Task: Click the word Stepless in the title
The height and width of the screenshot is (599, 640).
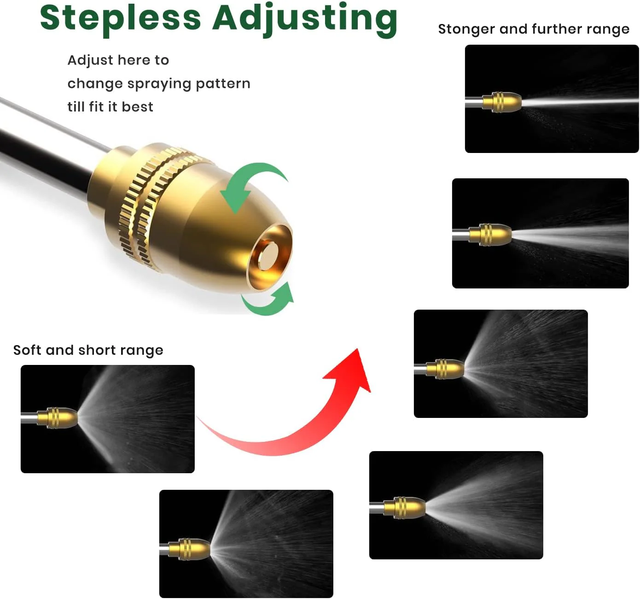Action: pyautogui.click(x=121, y=19)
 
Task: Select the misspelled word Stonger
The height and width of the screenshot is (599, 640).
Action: pyautogui.click(x=466, y=29)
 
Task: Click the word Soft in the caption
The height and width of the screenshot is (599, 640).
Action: pyautogui.click(x=27, y=350)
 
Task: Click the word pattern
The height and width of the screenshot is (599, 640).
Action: pyautogui.click(x=223, y=83)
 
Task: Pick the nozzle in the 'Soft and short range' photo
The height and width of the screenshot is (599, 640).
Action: pyautogui.click(x=58, y=418)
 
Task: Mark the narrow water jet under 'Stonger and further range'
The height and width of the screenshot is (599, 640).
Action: pyautogui.click(x=580, y=102)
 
